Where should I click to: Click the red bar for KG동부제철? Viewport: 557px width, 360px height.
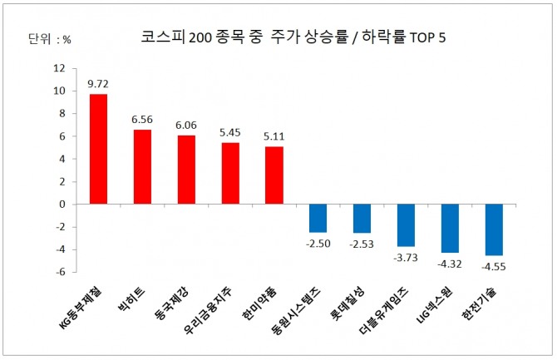click(98, 149)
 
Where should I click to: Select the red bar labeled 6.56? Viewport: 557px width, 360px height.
click(142, 166)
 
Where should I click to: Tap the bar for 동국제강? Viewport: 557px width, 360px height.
click(186, 170)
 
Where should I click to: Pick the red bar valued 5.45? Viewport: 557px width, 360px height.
click(230, 173)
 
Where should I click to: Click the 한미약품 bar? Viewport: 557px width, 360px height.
click(274, 175)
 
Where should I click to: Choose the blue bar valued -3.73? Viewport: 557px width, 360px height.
click(406, 224)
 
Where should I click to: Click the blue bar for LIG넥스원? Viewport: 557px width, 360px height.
click(450, 228)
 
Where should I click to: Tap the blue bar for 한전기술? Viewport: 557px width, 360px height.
click(494, 229)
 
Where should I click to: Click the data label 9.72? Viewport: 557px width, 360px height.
click(98, 85)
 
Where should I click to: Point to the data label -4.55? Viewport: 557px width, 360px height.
click(494, 267)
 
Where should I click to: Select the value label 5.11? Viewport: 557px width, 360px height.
click(274, 137)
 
